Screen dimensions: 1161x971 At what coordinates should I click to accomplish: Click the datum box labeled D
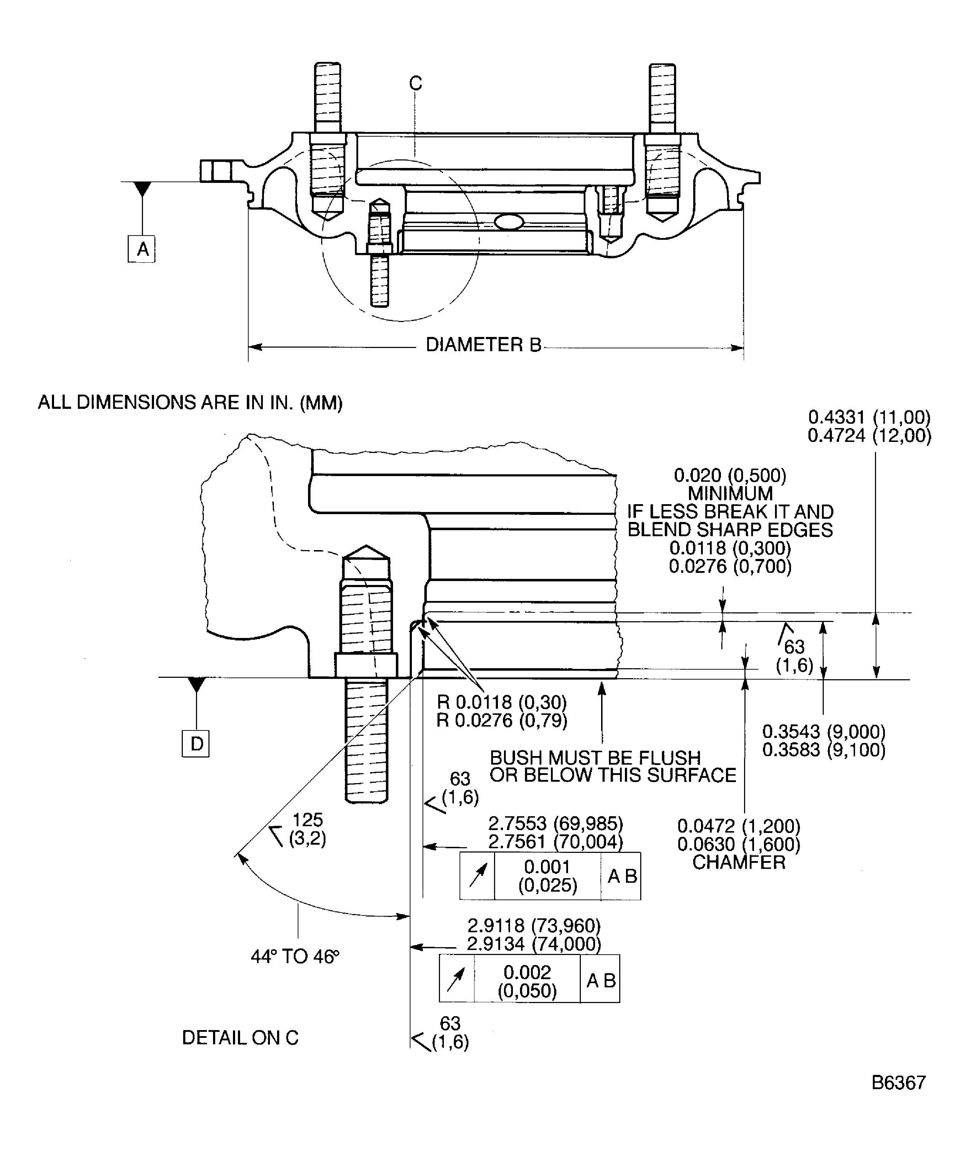click(x=196, y=744)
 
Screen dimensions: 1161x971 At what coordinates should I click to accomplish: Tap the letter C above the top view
click(x=415, y=83)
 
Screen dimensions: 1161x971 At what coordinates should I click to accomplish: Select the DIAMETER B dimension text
click(x=483, y=345)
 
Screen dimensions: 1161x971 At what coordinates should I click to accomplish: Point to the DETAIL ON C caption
click(x=240, y=1038)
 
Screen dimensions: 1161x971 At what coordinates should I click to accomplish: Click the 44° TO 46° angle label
click(x=295, y=956)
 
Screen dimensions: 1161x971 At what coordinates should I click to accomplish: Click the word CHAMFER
click(x=738, y=862)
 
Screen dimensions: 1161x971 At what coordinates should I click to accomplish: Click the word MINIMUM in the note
click(x=730, y=493)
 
